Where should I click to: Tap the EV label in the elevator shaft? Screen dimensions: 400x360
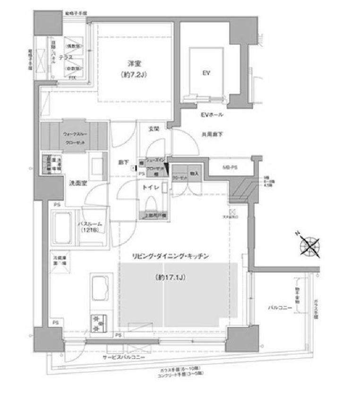tap(206, 73)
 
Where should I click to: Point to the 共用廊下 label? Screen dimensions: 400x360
tap(212, 134)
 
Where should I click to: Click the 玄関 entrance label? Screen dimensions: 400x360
tap(154, 128)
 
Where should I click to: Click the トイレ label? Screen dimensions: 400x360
tap(150, 187)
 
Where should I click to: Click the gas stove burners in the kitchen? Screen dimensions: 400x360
tap(98, 322)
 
